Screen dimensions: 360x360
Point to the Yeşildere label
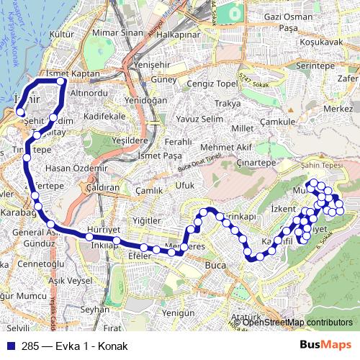127,141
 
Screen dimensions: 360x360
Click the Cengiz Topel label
212,84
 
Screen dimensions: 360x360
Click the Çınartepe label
257,163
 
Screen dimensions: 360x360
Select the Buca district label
215,266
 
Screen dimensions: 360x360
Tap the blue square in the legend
10,345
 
